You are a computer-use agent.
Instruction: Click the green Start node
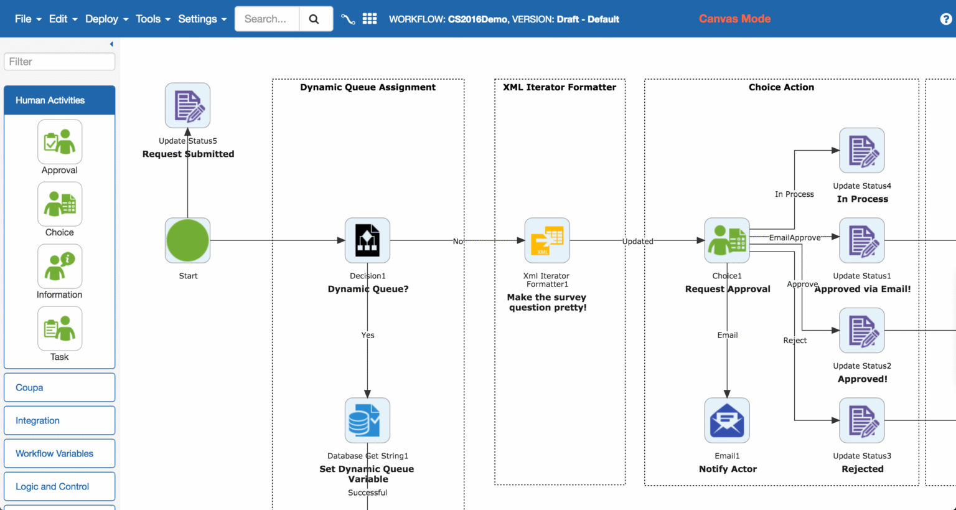[x=187, y=240]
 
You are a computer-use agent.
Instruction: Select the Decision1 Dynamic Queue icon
[x=367, y=240]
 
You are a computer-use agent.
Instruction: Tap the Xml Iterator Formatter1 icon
[x=547, y=240]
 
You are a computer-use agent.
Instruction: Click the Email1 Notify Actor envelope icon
[x=727, y=420]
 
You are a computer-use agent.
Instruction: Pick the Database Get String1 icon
[x=367, y=420]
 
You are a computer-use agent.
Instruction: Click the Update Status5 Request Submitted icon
[x=187, y=105]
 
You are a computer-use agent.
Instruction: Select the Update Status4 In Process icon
[x=862, y=151]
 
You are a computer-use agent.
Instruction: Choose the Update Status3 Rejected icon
[x=862, y=420]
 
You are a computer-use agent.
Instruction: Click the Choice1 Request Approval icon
[x=727, y=240]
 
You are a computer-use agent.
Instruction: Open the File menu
[x=28, y=19]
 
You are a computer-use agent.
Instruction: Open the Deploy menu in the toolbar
[x=106, y=19]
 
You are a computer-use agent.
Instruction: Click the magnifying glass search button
[x=314, y=19]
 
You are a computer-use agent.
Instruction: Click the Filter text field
[x=60, y=62]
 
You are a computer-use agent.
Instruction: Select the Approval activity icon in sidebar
[x=60, y=142]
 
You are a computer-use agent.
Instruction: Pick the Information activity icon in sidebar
[x=60, y=267]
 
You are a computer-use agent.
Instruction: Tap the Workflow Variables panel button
[x=60, y=453]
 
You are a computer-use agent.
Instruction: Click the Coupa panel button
[x=60, y=387]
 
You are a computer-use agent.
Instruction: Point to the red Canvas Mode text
[x=734, y=19]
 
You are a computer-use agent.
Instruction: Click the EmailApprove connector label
[x=795, y=237]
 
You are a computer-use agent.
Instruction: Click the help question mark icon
[x=945, y=19]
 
